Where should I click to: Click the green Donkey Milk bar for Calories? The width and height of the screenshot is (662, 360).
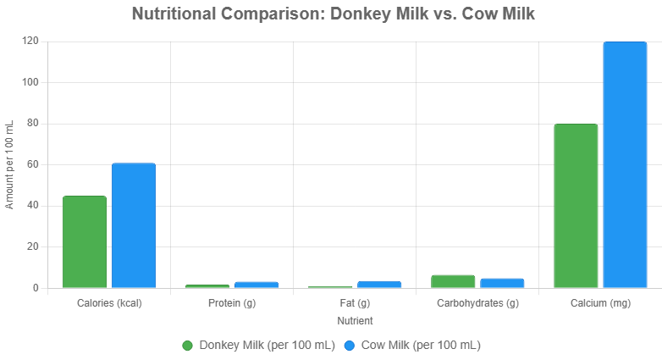coord(85,242)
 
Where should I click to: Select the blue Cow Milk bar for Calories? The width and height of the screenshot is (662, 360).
coord(134,225)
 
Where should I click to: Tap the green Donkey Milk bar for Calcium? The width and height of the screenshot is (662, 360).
coord(576,206)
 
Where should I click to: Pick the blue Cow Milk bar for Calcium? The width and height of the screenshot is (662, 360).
coord(625,164)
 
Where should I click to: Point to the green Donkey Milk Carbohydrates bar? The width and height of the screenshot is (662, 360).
coord(453,281)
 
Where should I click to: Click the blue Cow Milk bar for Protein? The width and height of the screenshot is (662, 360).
coord(257,285)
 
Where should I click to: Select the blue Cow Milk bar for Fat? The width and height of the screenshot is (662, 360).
coord(379,284)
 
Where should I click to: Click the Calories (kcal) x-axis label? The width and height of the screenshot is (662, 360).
coord(109,303)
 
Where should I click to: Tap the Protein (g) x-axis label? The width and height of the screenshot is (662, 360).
coord(232,303)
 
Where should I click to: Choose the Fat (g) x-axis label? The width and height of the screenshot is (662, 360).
coord(355,303)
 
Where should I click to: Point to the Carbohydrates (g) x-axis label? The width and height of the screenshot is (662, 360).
coord(477,303)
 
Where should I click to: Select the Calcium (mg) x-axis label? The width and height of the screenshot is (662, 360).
coord(600,303)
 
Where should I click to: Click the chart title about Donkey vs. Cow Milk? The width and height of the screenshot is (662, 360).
coord(334,14)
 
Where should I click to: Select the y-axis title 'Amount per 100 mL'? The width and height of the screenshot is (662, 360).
coord(10,164)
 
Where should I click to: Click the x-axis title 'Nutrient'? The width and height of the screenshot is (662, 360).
coord(355,321)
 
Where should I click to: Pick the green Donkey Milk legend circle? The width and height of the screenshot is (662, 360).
coord(188,346)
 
